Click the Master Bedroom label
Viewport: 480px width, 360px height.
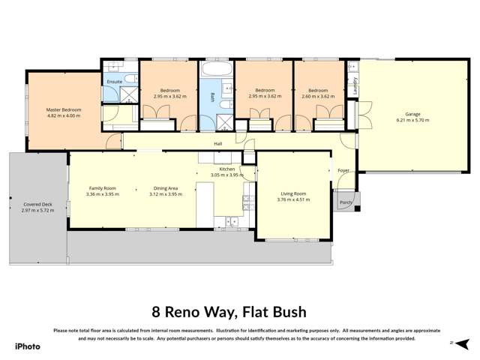pyautogui.click(x=63, y=110)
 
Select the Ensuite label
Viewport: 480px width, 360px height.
pyautogui.click(x=114, y=81)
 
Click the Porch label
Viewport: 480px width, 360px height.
pyautogui.click(x=346, y=202)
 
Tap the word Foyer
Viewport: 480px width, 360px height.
pyautogui.click(x=343, y=170)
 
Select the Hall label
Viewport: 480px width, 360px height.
pyautogui.click(x=218, y=143)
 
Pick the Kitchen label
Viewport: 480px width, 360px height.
pyautogui.click(x=227, y=169)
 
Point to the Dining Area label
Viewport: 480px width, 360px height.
pyautogui.click(x=165, y=188)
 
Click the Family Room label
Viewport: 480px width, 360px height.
pyautogui.click(x=102, y=188)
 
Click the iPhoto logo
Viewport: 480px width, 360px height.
pyautogui.click(x=27, y=346)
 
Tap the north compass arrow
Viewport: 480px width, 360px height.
pyautogui.click(x=453, y=342)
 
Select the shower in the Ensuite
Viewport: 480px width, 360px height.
pyautogui.click(x=129, y=94)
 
